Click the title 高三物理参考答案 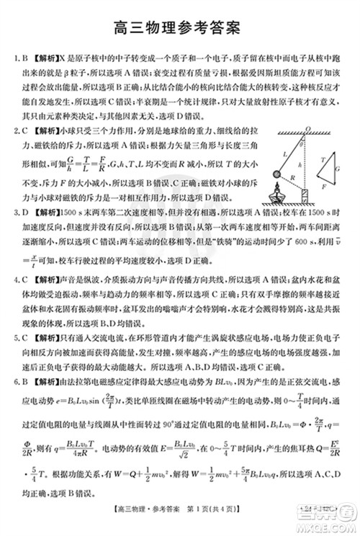[180, 28]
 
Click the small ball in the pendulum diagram [276, 174]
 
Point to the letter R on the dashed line [293, 178]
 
